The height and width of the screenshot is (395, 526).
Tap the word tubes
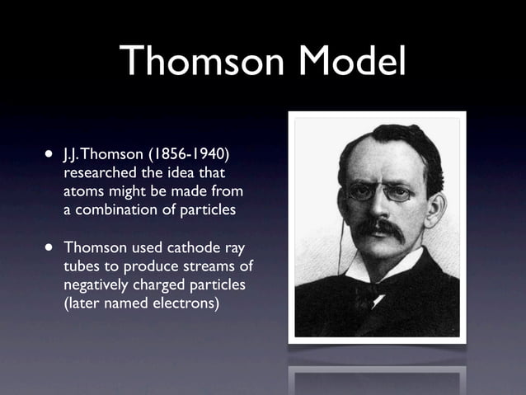point(82,266)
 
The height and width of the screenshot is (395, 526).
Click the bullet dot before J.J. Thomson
point(49,155)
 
